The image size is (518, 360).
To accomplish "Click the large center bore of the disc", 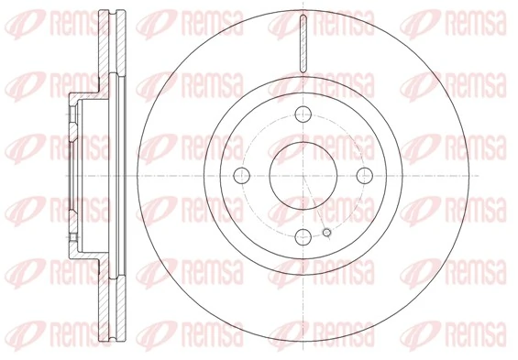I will pos(302,175).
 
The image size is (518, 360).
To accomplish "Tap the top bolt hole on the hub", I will pos(302,115).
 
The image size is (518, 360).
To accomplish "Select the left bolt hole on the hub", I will pos(242,175).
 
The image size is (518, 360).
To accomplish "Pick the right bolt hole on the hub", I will pos(361,175).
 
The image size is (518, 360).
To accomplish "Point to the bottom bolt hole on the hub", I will pos(302,235).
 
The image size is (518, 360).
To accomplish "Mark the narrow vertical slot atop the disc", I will pos(302,41).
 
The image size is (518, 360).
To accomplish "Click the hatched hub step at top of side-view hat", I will pos(87,95).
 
